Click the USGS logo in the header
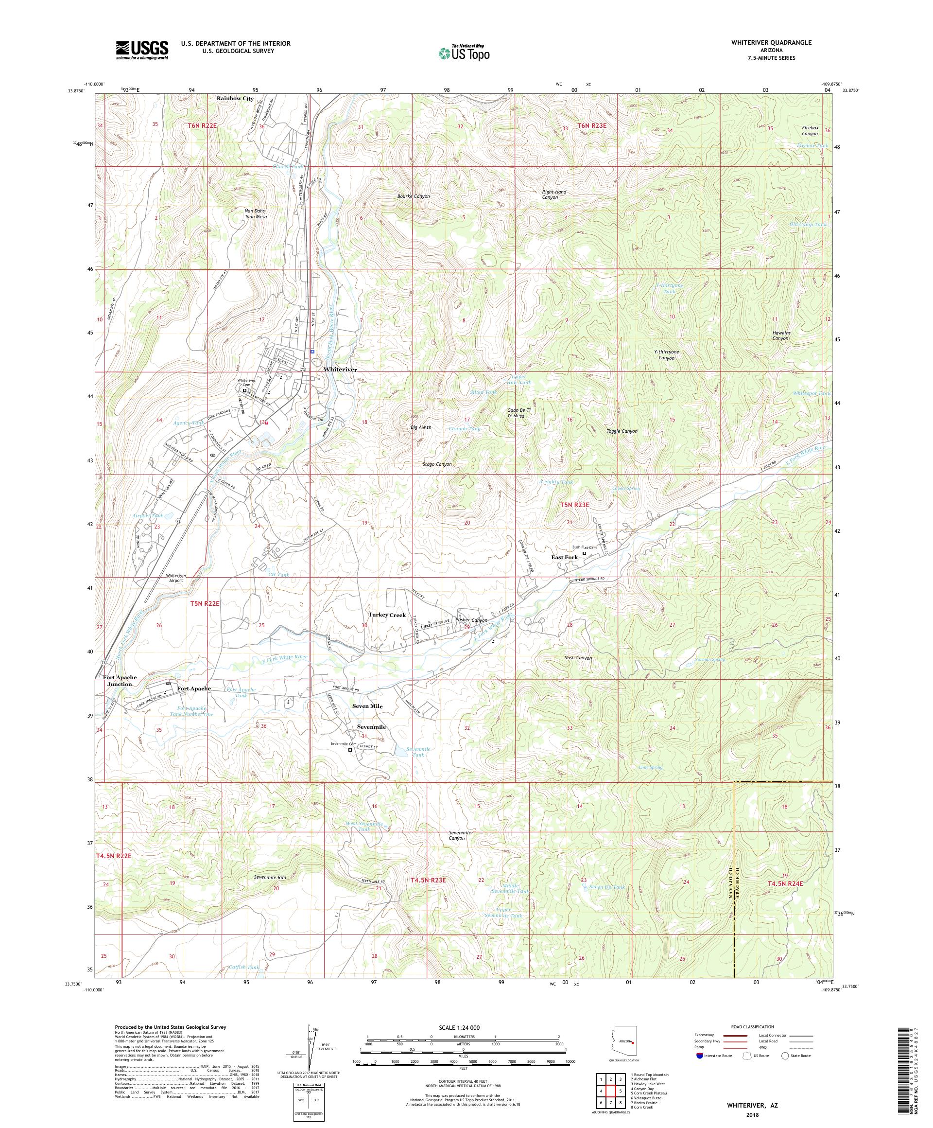pos(142,50)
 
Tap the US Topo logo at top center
pos(465,53)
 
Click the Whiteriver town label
pos(340,370)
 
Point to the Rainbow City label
pos(235,99)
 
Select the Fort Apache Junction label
pos(119,681)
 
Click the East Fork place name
pos(565,558)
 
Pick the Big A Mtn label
pos(421,427)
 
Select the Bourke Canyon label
pos(414,196)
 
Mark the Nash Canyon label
pos(578,657)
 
